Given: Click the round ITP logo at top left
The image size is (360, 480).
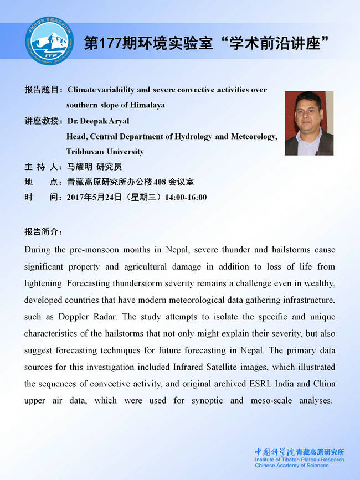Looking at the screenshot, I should pyautogui.click(x=48, y=42).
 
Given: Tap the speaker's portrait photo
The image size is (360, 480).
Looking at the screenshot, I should pyautogui.click(x=308, y=123).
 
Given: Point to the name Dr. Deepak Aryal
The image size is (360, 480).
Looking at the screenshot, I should pyautogui.click(x=97, y=120).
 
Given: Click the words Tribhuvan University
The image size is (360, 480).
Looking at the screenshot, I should pyautogui.click(x=105, y=151).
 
